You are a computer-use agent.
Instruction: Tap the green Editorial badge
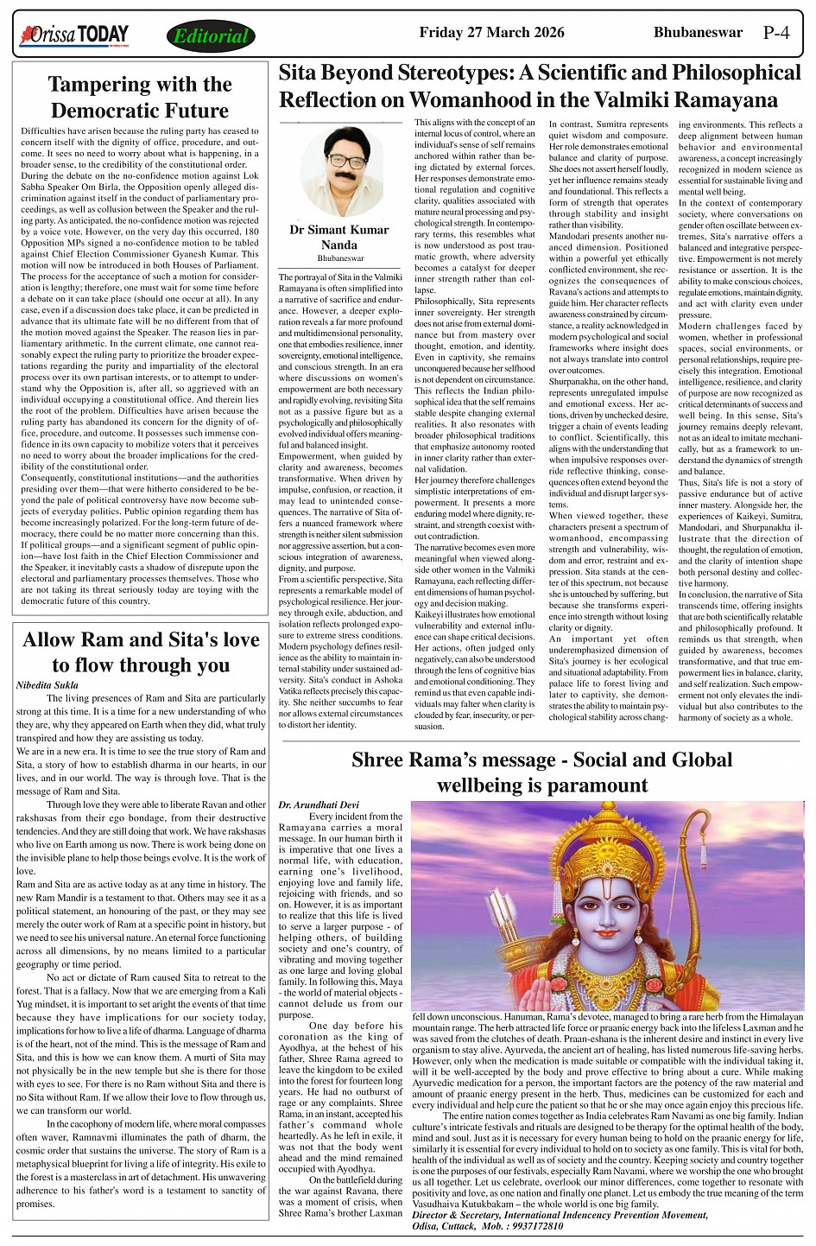[x=211, y=36]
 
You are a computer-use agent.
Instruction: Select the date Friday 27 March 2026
[x=491, y=33]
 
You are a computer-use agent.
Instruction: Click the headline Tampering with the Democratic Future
[x=140, y=97]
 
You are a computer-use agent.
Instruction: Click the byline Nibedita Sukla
[x=47, y=684]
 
